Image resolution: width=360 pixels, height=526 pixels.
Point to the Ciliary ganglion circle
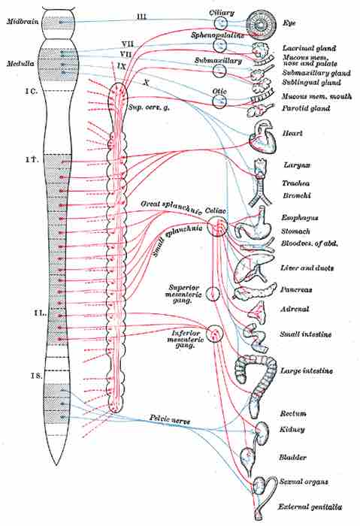tap(219, 23)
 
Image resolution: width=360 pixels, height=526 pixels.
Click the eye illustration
tap(262, 24)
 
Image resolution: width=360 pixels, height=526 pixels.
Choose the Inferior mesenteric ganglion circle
tap(215, 333)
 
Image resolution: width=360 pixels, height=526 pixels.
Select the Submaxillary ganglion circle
tap(219, 71)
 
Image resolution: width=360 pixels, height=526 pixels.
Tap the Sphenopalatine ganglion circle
tap(219, 45)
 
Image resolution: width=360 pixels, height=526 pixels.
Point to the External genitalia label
tap(307, 506)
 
